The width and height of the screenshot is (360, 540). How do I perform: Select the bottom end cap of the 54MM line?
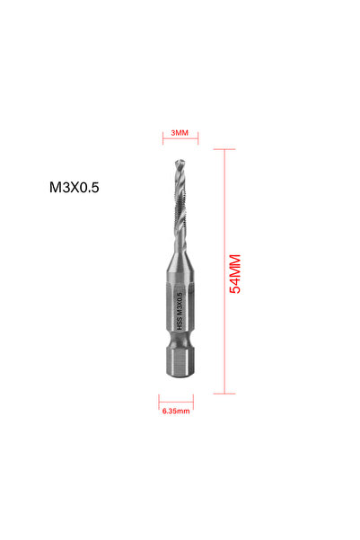pos(224,394)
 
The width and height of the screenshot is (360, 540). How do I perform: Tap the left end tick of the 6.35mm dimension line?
pos(159,401)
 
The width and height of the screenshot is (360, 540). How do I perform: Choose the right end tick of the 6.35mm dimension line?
pos(192,401)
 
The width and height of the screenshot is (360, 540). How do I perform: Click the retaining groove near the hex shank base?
pos(179,352)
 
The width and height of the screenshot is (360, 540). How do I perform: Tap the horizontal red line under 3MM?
pos(180,141)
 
